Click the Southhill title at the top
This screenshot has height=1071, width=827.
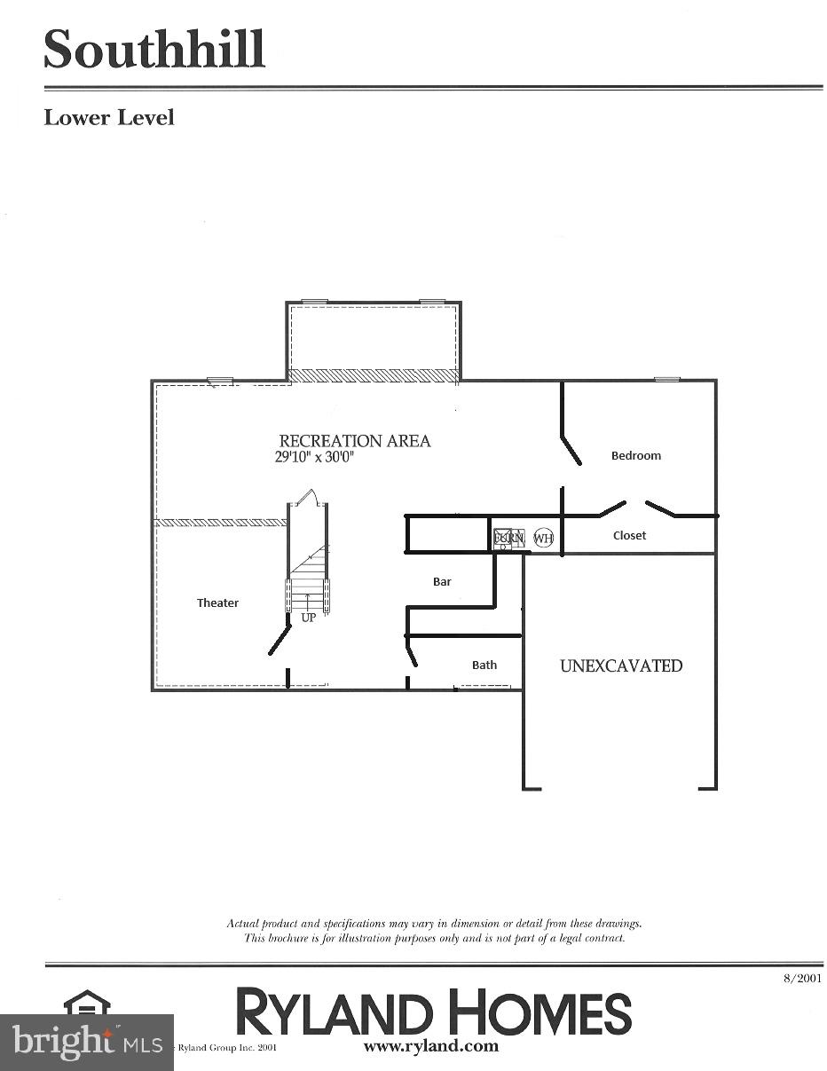tap(154, 50)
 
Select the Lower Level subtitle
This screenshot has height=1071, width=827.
tap(109, 118)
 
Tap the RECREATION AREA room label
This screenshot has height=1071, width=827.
tap(355, 441)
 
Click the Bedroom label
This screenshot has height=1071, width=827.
tap(636, 455)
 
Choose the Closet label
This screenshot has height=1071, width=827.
tap(629, 535)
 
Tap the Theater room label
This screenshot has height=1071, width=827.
tap(217, 602)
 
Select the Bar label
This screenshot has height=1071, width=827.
tap(442, 581)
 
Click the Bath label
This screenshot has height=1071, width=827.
tap(484, 665)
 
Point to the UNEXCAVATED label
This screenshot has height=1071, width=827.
tap(621, 665)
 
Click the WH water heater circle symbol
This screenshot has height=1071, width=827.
tap(543, 538)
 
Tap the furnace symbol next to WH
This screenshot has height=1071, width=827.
tap(509, 538)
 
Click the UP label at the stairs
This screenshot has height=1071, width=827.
tap(308, 618)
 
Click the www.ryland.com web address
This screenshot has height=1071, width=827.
tap(431, 1046)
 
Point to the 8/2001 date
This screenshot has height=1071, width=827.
tap(802, 978)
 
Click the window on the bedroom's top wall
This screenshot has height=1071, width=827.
tap(667, 380)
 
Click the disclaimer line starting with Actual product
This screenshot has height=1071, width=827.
tap(434, 924)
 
